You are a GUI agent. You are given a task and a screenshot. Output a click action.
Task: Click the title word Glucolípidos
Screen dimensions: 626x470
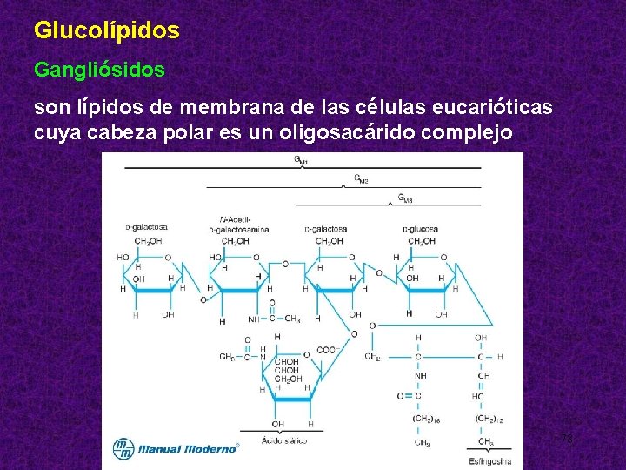[x=107, y=30]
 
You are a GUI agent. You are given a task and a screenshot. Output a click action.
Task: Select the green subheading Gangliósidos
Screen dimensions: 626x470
[x=99, y=69]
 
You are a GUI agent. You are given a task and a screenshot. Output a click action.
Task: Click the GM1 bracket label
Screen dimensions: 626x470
[x=301, y=161]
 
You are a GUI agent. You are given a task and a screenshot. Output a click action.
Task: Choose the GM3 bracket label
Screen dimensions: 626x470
[x=405, y=198]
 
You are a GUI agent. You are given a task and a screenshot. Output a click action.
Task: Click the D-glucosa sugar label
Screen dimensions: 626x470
[x=421, y=229]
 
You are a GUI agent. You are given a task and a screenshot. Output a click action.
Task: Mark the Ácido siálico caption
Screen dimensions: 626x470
[x=284, y=440]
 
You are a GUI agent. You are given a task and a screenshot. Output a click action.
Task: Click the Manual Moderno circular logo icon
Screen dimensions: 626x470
[x=124, y=448]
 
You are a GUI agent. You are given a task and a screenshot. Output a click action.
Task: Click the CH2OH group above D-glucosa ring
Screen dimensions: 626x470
[x=422, y=241]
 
